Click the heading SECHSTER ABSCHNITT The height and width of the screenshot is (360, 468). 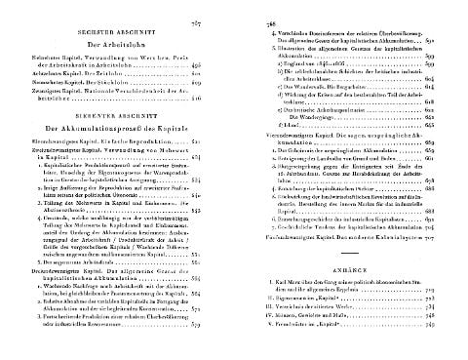[119, 30]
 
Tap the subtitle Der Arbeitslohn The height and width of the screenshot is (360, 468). [119, 45]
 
